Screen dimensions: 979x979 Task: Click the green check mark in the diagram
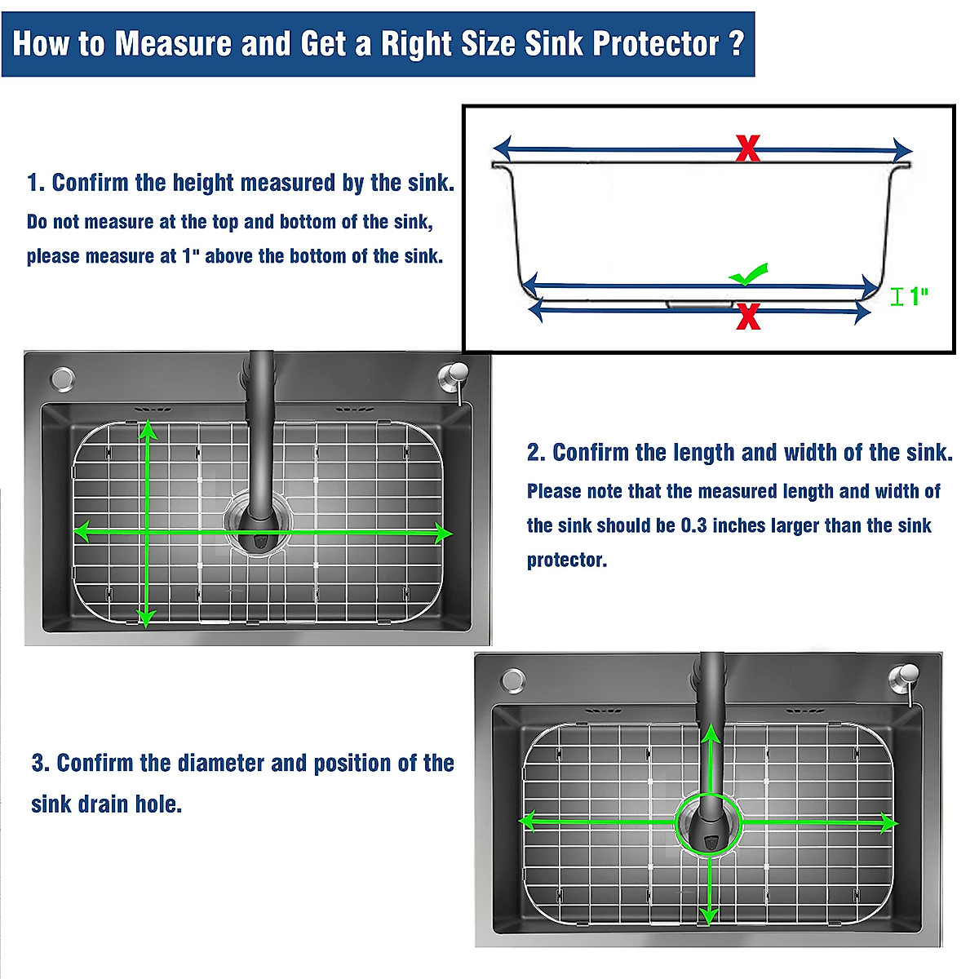coord(749,275)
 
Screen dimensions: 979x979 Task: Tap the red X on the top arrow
coord(747,148)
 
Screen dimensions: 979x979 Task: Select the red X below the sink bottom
coord(747,316)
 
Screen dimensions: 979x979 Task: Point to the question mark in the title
coord(736,42)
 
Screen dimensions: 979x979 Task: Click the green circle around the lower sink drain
coord(708,822)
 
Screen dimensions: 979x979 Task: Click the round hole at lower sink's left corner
coord(513,680)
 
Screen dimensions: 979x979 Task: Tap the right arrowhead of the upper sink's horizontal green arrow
coord(445,534)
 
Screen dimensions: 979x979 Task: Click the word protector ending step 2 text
coord(566,560)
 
